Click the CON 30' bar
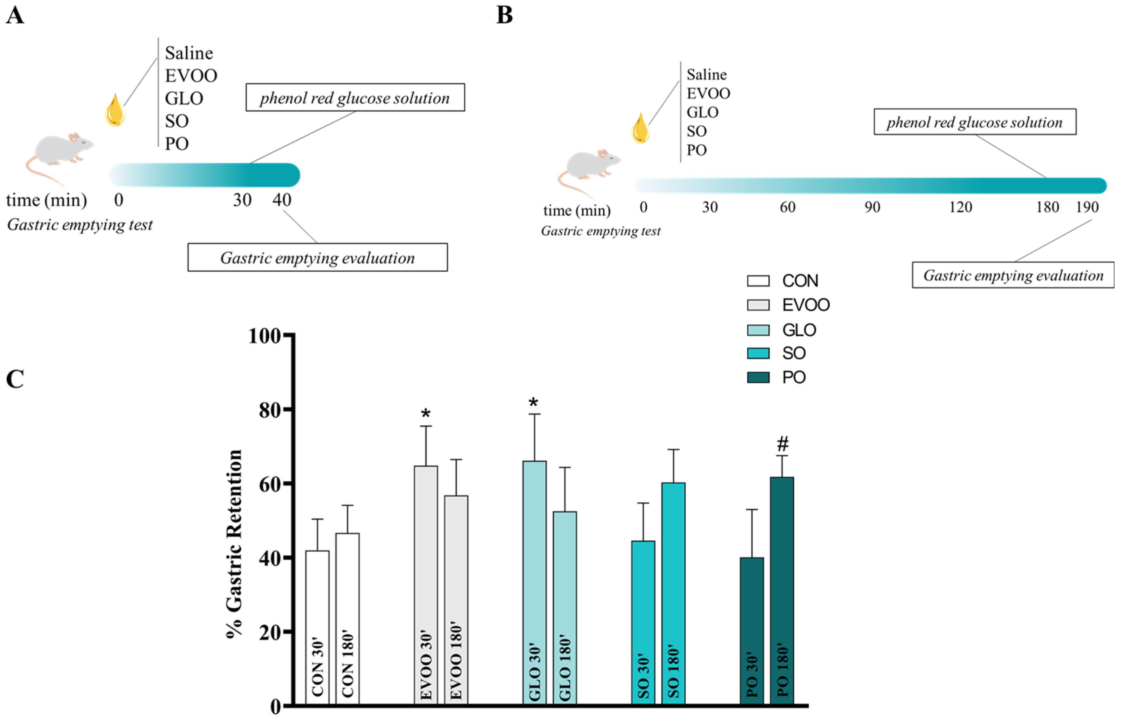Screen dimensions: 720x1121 point(317,626)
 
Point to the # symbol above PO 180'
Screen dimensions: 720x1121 point(782,443)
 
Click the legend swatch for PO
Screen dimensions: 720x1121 point(758,377)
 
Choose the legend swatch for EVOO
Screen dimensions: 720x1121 point(758,305)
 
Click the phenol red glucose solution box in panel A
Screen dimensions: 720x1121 point(355,98)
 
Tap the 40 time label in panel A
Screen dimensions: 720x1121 point(282,200)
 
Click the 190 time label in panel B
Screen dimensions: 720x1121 point(1087,207)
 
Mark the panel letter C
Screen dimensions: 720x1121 point(15,379)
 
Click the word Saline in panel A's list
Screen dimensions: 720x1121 point(189,53)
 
